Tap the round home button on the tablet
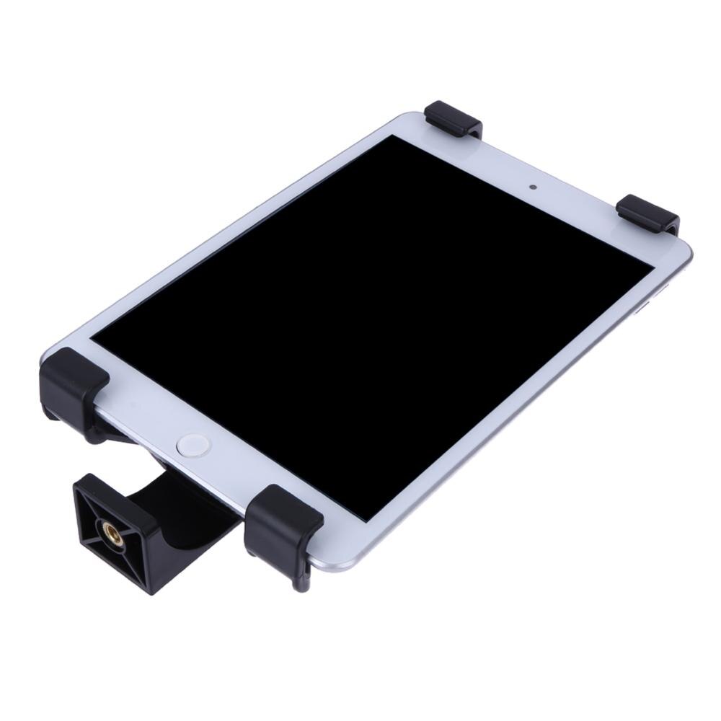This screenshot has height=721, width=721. tap(194, 444)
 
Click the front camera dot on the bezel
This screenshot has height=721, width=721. tap(533, 187)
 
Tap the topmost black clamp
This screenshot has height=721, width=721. tap(453, 119)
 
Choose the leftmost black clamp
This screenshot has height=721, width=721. tap(73, 382)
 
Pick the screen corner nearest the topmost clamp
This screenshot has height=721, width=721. tap(393, 136)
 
